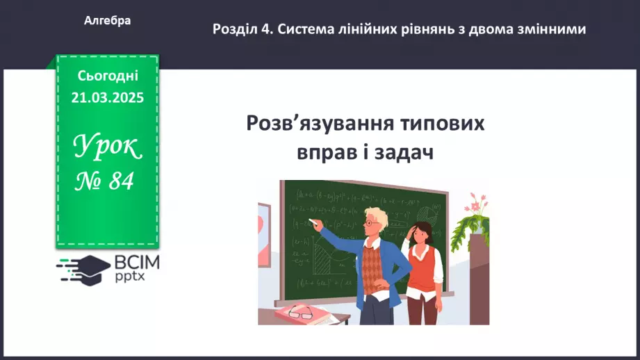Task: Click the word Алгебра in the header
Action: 108,21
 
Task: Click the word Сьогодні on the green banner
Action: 108,75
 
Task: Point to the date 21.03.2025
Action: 108,98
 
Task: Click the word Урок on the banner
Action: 108,146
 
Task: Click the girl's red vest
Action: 421,264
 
